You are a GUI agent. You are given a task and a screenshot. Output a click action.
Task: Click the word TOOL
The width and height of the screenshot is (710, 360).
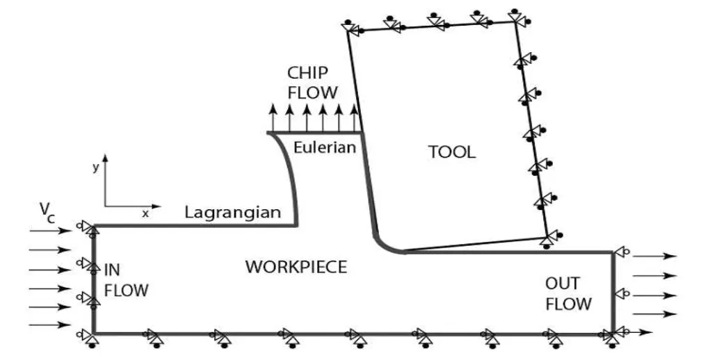[x=452, y=152]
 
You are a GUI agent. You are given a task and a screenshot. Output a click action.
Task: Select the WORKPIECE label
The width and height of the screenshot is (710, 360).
[x=296, y=267]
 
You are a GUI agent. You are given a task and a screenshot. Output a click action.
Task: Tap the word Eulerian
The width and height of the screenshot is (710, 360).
[x=324, y=147]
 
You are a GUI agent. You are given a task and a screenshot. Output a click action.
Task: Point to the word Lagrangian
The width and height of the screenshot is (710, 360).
[x=232, y=213]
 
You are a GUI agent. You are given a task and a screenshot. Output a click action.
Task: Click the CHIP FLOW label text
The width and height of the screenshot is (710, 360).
[x=313, y=83]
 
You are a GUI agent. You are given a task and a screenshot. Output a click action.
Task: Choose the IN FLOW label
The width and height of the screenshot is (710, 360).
[x=126, y=279]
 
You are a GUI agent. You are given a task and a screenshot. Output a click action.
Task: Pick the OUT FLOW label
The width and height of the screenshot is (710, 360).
[x=568, y=293]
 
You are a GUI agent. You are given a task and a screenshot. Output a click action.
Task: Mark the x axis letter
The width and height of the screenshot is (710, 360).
[x=145, y=214]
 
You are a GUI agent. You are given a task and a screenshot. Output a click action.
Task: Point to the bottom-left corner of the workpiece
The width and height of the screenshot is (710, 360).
[x=93, y=334]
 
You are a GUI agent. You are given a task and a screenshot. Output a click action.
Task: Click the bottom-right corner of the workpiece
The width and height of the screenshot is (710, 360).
[x=612, y=334]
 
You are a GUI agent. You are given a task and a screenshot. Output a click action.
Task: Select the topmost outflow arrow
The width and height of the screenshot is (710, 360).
[x=654, y=256]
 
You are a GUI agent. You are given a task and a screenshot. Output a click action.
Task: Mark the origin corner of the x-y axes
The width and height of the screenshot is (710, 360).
[x=106, y=206]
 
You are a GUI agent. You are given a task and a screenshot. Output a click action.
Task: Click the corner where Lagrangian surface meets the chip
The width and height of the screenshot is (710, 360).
[x=297, y=224]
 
